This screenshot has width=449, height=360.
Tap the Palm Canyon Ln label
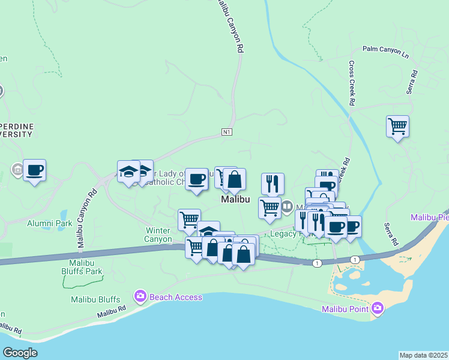385,52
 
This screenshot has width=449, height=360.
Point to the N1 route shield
226,132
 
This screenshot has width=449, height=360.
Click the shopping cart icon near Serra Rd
397,127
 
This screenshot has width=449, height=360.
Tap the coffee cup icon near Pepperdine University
34,170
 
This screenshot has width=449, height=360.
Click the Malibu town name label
235,199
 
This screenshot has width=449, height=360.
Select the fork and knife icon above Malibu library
273,184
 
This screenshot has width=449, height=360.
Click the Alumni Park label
49,223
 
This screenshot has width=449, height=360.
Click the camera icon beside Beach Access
140,296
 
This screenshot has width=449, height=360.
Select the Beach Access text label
176,296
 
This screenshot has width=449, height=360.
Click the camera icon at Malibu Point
378,308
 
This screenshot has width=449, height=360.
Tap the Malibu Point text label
344,309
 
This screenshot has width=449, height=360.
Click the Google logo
20,353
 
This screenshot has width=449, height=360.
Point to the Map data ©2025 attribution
423,355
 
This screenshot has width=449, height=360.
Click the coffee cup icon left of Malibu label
196,178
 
